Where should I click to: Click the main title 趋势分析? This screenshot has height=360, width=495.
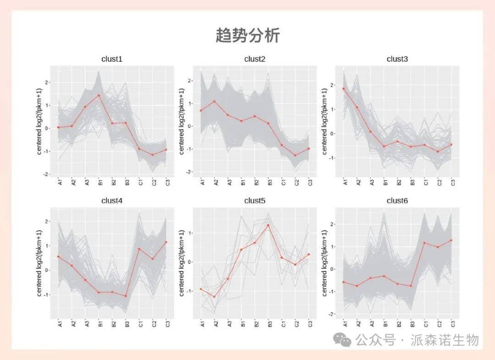coord(247,35)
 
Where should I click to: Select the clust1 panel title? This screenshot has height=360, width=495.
coord(112,59)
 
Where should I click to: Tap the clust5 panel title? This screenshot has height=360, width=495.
coord(255,201)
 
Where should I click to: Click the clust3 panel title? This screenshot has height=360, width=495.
coord(397,59)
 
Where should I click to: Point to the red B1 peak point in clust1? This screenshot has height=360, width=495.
coord(99,96)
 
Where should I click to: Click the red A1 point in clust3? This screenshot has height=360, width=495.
coord(343,89)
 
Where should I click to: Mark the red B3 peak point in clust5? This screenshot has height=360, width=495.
coord(268,225)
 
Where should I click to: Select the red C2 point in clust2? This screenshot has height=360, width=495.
coord(295,155)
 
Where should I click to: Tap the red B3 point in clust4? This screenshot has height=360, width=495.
coord(125,296)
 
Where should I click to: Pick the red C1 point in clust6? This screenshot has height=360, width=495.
coord(425,243)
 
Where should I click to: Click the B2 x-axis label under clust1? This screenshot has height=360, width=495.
coord(112,183)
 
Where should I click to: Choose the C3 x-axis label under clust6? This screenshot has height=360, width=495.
coord(452,324)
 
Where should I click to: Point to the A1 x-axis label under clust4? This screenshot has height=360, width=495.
coord(59,324)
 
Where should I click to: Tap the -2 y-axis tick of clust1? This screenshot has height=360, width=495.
coord(47,175)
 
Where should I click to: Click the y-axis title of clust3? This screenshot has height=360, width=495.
coord(324,121)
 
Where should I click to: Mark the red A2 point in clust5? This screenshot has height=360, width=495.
coord(214,296)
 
